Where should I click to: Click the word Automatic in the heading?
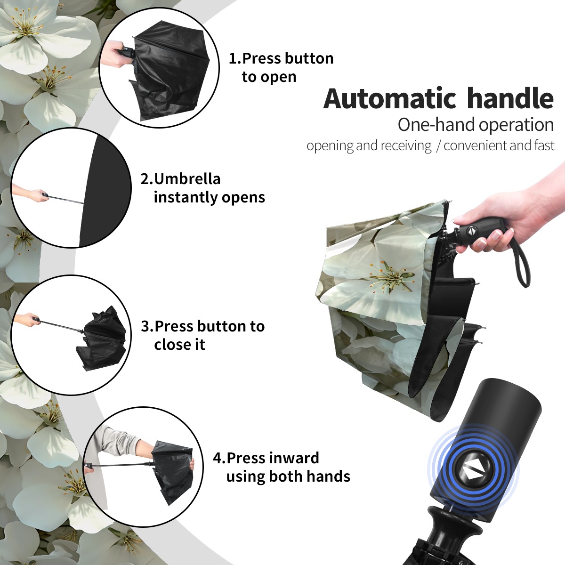[390, 98]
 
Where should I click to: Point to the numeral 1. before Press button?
[234, 59]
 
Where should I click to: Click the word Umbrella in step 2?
[187, 179]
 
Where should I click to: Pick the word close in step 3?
[170, 344]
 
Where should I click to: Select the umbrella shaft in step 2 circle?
[66, 199]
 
